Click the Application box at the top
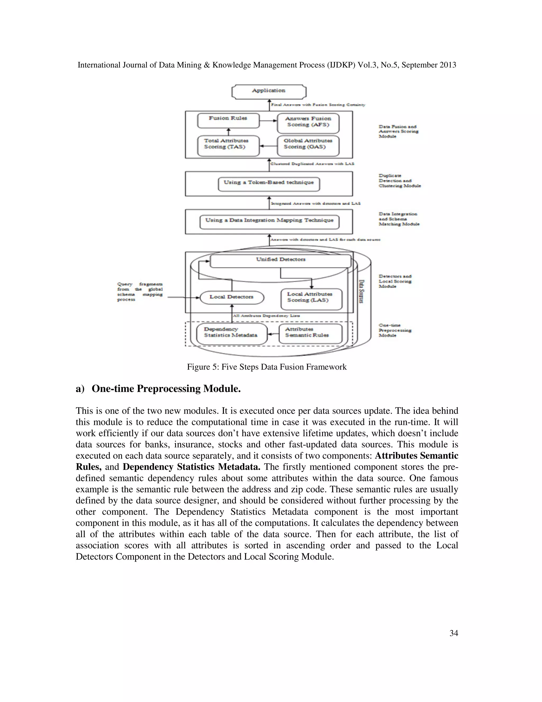[x=269, y=91]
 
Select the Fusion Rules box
[x=228, y=120]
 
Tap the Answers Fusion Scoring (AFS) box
[x=308, y=123]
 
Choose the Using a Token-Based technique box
[x=269, y=184]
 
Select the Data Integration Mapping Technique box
[x=269, y=222]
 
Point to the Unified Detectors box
[x=280, y=261]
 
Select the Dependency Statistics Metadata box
[x=232, y=334]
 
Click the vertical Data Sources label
[x=361, y=291]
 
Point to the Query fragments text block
[x=140, y=292]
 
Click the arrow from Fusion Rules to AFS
[x=268, y=121]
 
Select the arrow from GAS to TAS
[x=268, y=146]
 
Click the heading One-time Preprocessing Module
[x=166, y=389]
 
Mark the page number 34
[x=453, y=633]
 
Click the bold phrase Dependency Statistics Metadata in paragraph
[x=191, y=467]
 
